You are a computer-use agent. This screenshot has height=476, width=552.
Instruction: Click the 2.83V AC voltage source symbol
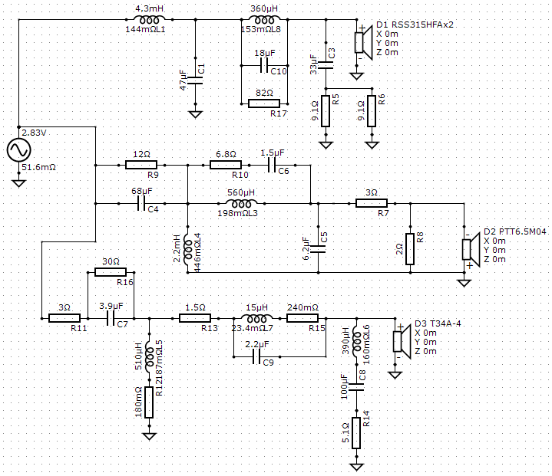pos(18,149)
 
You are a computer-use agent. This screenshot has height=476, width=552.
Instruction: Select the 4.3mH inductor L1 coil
pos(149,19)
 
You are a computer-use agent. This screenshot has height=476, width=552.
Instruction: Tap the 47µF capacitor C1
pos(195,80)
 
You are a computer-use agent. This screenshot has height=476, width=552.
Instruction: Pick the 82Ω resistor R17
pos(264,103)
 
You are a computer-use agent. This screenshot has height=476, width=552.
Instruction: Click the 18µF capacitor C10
pos(264,65)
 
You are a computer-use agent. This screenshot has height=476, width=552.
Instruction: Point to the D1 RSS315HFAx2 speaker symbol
pos(363,42)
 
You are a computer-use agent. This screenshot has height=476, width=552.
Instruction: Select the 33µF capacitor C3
pos(326,65)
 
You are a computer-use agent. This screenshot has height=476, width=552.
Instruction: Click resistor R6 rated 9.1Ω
pos(372,111)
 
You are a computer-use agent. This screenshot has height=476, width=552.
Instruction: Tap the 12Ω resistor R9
pos(141,165)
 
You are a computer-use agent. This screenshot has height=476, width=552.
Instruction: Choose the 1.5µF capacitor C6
pos(272,165)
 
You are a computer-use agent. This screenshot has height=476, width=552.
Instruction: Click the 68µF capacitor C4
pos(141,203)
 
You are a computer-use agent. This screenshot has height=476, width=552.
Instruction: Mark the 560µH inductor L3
pos(241,203)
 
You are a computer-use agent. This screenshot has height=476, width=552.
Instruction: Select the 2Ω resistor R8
pos(410,249)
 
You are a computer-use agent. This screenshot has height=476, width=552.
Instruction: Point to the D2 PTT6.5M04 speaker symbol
pos(471,249)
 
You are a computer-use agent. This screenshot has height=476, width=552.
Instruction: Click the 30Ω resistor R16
pos(111,272)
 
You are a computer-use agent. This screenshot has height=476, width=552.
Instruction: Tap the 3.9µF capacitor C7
pos(111,319)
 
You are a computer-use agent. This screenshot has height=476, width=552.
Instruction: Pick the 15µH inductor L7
pos(256,318)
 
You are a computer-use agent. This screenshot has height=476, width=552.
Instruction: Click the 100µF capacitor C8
pos(356,387)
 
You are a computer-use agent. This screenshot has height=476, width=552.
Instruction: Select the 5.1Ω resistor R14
pos(356,433)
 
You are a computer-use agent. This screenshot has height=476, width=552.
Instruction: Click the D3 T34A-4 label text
pos(438,323)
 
